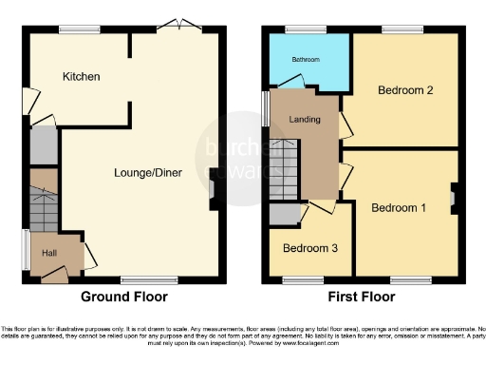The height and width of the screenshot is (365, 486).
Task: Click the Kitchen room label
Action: tap(82, 76)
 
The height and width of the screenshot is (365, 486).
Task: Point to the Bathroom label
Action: tap(306, 60)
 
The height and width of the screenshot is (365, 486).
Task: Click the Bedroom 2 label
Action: tap(405, 91)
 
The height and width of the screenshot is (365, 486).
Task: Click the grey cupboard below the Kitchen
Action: tap(43, 145)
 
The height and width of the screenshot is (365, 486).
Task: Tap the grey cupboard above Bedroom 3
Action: tap(283, 214)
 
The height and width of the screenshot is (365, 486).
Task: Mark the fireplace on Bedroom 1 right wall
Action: tap(454, 198)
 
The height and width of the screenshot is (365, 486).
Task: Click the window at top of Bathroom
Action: tap(307, 29)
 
